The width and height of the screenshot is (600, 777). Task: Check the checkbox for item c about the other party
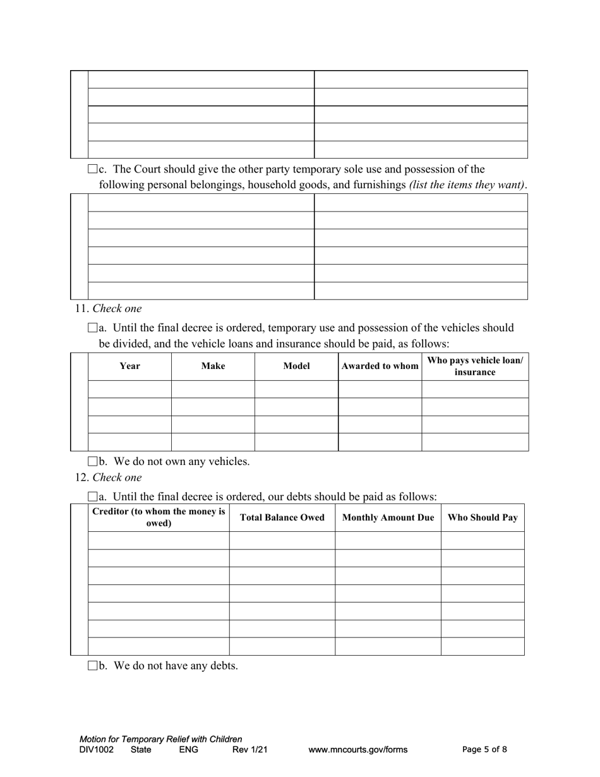[x=93, y=169]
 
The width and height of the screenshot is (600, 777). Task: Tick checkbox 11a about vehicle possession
[x=93, y=328]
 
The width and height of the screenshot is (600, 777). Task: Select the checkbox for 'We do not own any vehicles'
[x=93, y=461]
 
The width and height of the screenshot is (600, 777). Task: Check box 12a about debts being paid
[x=93, y=497]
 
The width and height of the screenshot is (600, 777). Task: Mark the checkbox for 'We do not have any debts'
[x=93, y=665]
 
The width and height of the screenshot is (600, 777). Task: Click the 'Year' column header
[x=129, y=366]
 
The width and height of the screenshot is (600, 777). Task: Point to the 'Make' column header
[x=213, y=366]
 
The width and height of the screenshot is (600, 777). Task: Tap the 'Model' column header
[x=296, y=366]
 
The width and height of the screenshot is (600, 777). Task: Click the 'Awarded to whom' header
[x=380, y=366]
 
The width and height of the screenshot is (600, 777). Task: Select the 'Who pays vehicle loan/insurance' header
[x=475, y=366]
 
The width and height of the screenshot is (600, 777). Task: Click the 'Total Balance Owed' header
[x=282, y=517]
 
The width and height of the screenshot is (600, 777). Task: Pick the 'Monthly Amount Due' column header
[x=388, y=517]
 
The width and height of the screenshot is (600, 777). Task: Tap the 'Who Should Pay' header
[x=483, y=517]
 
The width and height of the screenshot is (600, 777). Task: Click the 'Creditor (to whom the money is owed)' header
[x=159, y=517]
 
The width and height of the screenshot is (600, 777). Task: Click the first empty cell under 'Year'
[x=129, y=389]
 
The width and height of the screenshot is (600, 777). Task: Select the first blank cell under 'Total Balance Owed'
[x=282, y=541]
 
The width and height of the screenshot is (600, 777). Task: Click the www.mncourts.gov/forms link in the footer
[x=357, y=750]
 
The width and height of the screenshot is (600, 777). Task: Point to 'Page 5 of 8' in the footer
[x=484, y=750]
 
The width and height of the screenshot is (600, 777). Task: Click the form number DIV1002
[x=97, y=750]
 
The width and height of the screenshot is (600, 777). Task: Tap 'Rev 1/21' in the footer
[x=250, y=750]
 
